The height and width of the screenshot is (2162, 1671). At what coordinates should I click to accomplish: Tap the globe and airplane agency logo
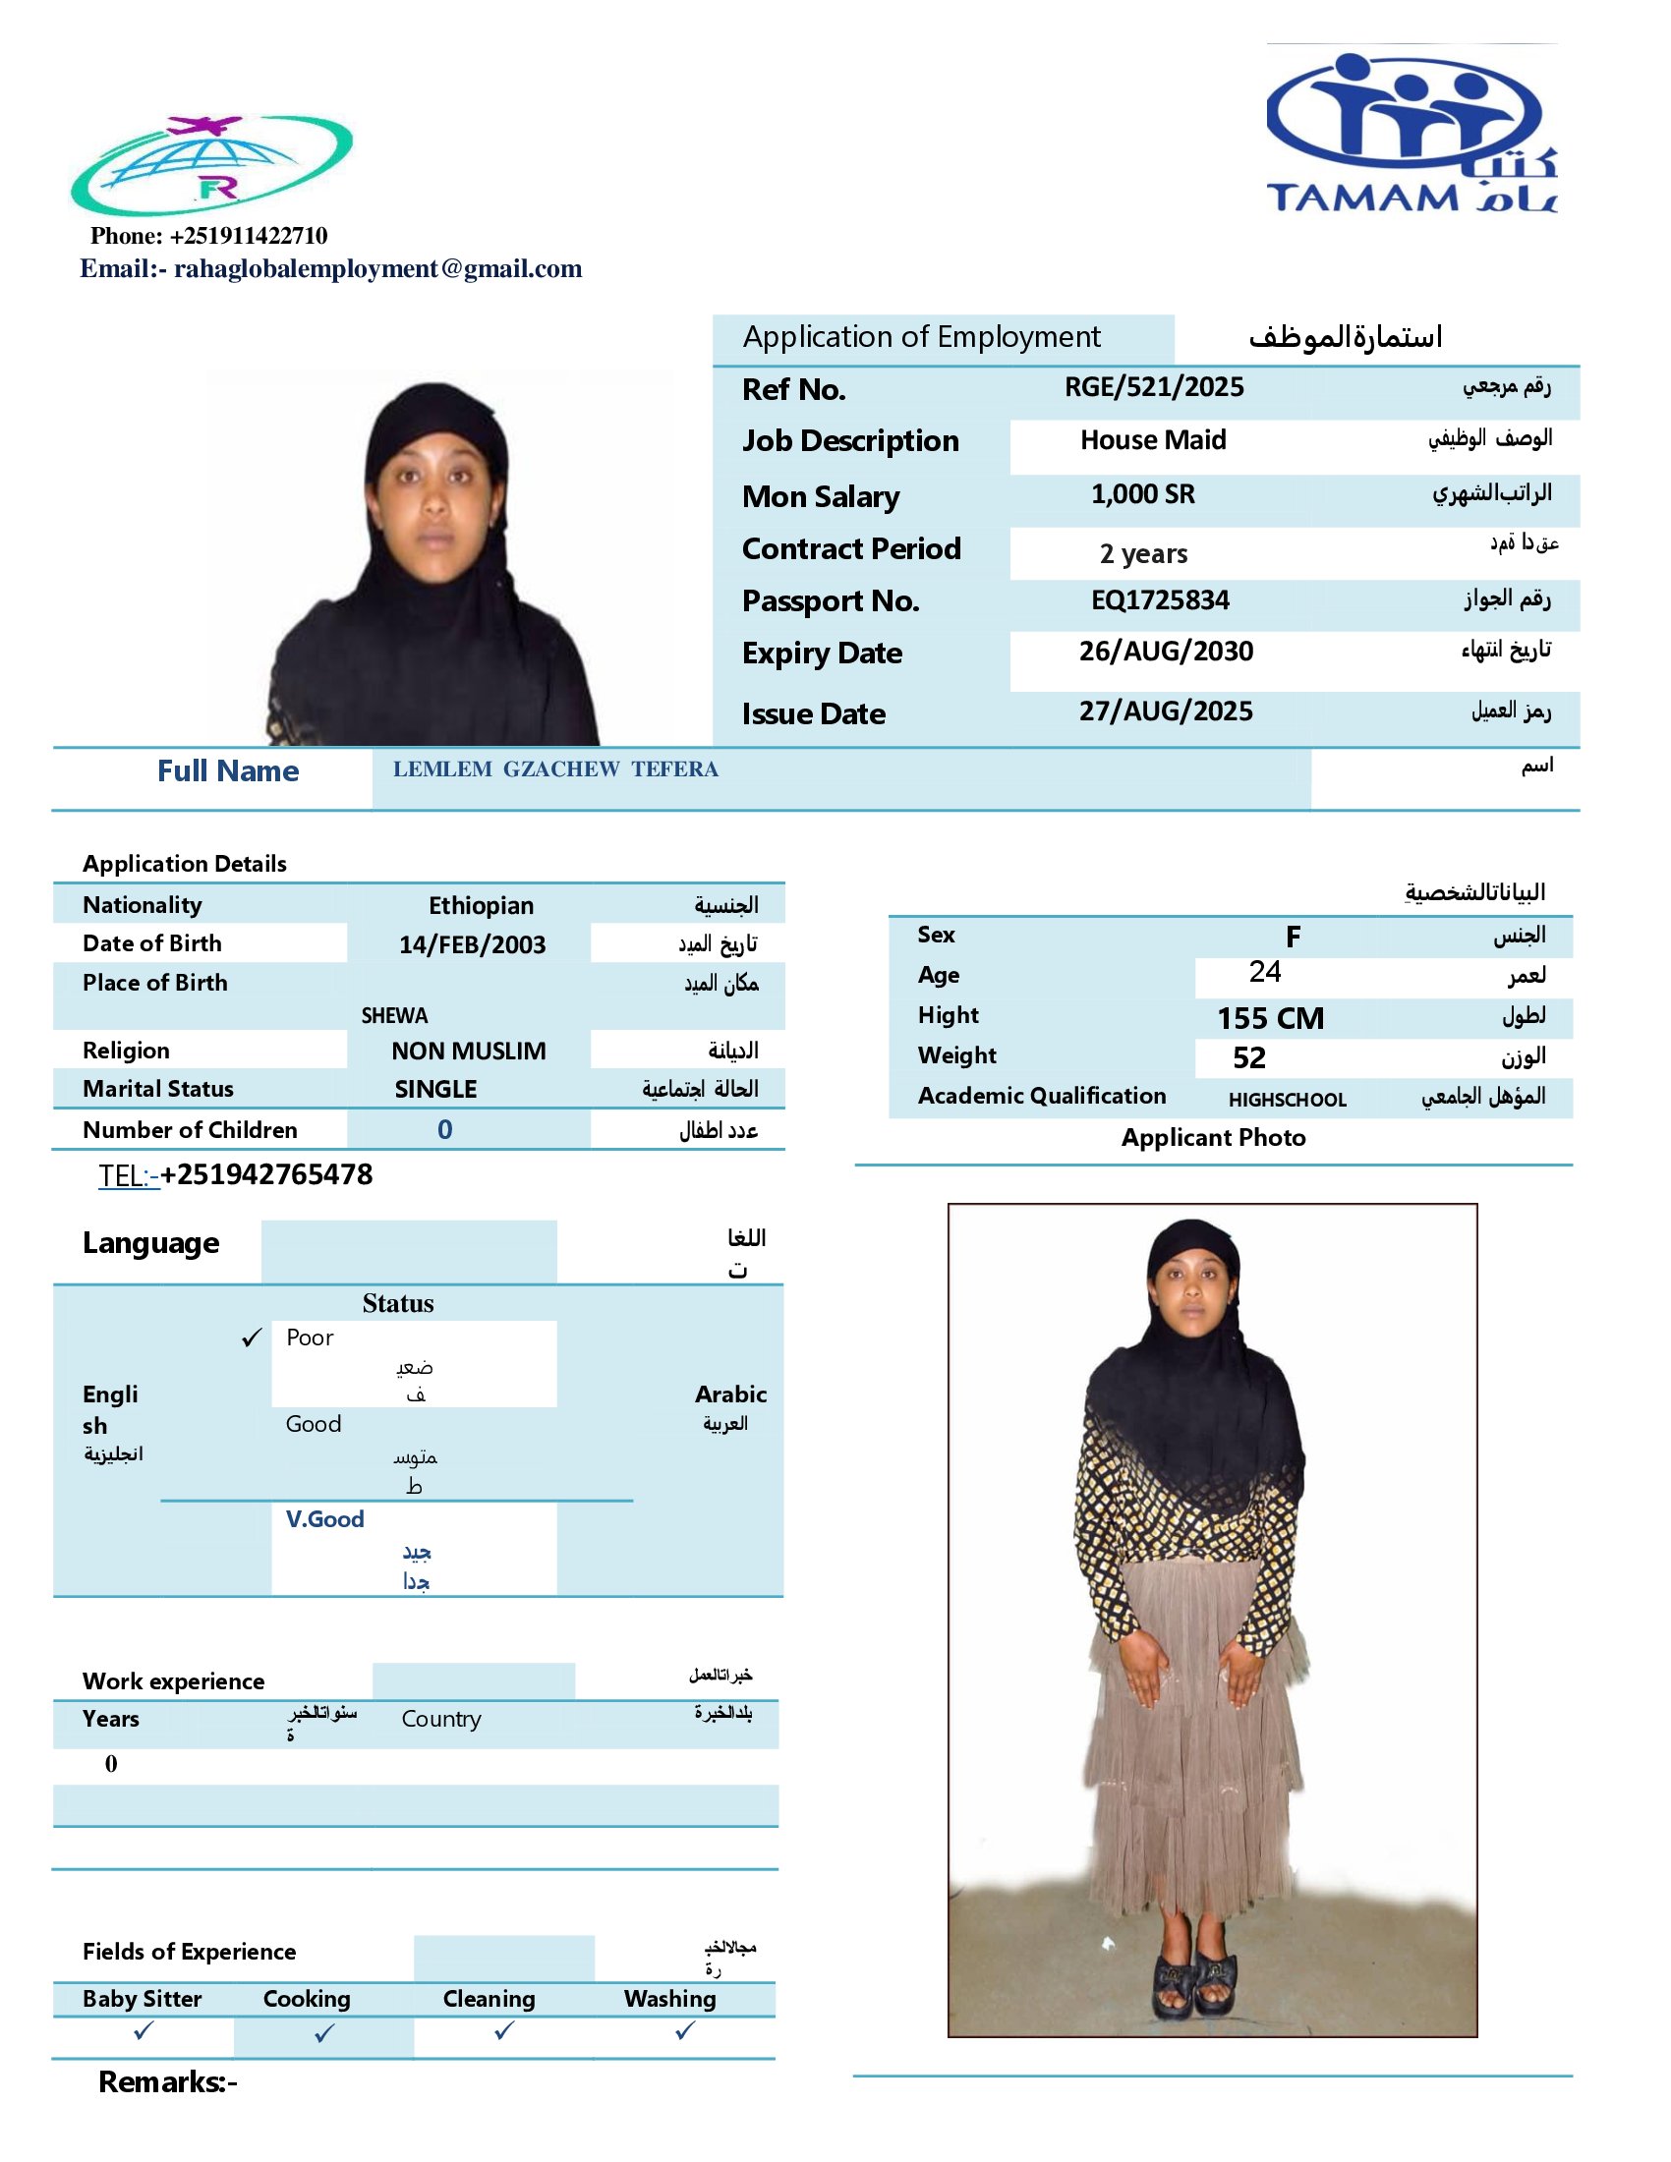[x=212, y=165]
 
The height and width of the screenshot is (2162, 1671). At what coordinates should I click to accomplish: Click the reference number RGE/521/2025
[x=1153, y=387]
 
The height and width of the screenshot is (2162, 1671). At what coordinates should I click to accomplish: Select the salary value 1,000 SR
[x=1142, y=494]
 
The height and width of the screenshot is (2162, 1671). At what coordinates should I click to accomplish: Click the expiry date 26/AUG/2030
[x=1165, y=652]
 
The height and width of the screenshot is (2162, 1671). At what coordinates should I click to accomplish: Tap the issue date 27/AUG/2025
[x=1165, y=711]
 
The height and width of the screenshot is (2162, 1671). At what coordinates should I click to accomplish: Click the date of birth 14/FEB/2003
[x=472, y=944]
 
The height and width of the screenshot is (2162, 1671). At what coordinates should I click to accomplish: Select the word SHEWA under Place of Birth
[x=394, y=1016]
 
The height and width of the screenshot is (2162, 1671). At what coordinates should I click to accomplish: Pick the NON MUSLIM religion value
[x=468, y=1051]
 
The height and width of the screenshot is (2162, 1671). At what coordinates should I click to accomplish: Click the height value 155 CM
[x=1270, y=1019]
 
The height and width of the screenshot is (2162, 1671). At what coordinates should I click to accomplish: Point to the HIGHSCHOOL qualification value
[x=1287, y=1100]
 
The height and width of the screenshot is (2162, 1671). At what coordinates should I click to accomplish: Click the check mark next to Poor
[x=253, y=1338]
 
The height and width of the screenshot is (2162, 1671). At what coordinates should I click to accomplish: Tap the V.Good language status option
[x=324, y=1519]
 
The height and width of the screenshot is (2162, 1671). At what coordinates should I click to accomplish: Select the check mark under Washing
[x=685, y=2031]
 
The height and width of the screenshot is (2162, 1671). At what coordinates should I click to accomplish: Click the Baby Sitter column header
[x=143, y=1999]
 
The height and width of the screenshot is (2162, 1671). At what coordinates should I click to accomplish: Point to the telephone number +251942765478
[x=266, y=1175]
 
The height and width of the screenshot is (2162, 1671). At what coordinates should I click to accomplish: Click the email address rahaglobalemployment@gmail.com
[x=378, y=269]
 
